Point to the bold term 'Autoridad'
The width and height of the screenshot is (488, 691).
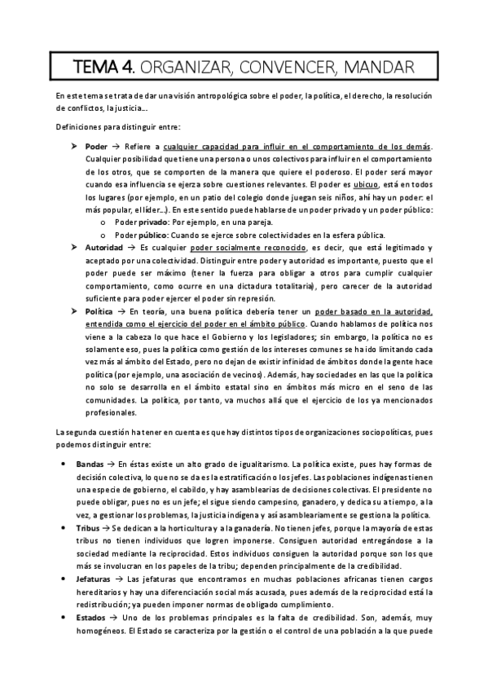click(x=104, y=247)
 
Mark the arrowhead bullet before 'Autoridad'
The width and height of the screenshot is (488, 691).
click(x=75, y=247)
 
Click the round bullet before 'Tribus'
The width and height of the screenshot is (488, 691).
click(x=64, y=529)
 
